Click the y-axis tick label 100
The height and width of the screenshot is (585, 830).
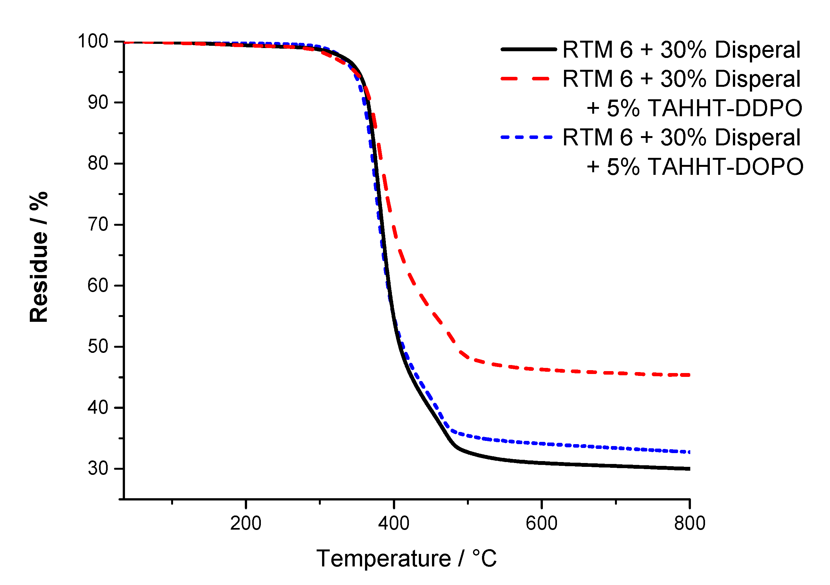pos(93,42)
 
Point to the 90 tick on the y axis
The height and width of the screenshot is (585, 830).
pos(98,103)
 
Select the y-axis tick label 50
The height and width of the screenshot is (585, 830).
pos(98,347)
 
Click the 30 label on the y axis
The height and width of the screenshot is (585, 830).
pos(98,469)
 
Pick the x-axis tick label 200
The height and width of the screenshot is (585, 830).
pos(246,524)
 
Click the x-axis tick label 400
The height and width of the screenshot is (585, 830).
pos(394,524)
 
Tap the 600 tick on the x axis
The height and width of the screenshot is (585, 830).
pos(542,524)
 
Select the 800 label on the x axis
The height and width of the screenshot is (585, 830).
pos(690,524)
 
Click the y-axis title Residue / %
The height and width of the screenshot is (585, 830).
pos(39,257)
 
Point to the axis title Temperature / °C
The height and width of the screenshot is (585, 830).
pos(406,559)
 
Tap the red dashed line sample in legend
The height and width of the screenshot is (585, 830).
pos(526,79)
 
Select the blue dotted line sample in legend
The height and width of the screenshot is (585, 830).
pos(526,137)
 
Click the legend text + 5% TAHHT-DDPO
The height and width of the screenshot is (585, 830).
pos(694,108)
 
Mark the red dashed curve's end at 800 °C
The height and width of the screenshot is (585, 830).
pos(689,375)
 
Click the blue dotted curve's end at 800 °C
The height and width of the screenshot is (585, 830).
pos(689,452)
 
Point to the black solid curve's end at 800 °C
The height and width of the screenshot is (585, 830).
pos(689,469)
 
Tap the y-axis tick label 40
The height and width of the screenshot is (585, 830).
pos(98,408)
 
